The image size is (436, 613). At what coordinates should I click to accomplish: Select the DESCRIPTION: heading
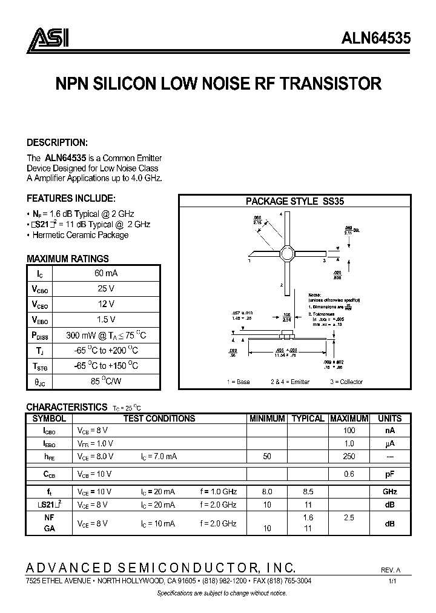tap(58, 143)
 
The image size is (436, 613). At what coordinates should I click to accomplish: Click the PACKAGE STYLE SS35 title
tap(295, 202)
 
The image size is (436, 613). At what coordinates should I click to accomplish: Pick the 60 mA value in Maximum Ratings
tap(106, 273)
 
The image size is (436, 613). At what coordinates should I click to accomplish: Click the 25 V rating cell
tap(106, 288)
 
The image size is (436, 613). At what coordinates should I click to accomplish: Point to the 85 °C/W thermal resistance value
tap(106, 382)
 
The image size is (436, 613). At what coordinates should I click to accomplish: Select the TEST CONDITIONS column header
tap(159, 419)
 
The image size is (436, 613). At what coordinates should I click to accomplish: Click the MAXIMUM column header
tap(348, 419)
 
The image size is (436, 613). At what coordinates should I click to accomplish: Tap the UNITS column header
tap(390, 419)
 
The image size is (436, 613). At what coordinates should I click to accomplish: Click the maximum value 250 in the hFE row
tap(349, 456)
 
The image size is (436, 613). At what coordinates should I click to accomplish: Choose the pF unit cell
tap(390, 474)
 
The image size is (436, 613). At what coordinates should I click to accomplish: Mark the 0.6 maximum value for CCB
tap(349, 474)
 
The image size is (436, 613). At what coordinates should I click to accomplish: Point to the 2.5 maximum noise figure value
tap(349, 519)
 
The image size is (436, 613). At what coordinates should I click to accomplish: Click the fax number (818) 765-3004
tap(286, 580)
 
